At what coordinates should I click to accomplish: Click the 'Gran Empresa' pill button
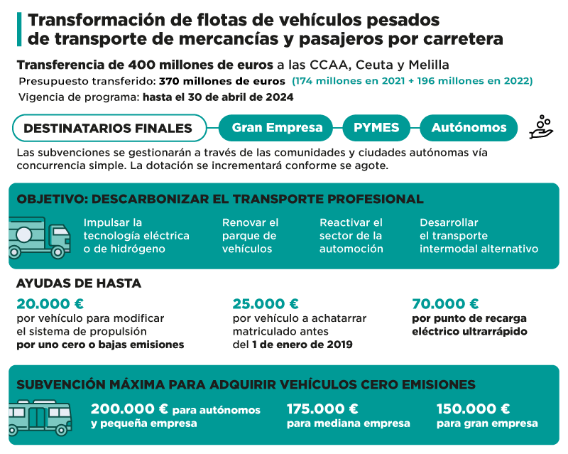(x=276, y=128)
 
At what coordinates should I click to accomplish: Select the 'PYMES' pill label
(x=376, y=128)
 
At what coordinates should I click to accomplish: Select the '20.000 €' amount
(x=49, y=304)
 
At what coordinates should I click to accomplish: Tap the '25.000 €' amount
(x=266, y=304)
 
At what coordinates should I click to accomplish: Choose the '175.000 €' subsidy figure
(x=322, y=409)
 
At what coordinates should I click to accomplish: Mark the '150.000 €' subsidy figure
(x=473, y=409)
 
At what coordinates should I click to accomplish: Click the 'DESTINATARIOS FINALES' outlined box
(x=109, y=128)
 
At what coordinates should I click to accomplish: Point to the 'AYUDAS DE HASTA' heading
(x=78, y=283)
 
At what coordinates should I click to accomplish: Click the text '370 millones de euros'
(x=222, y=81)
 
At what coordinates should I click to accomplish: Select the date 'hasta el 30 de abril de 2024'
(x=217, y=97)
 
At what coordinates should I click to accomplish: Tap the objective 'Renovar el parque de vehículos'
(x=250, y=235)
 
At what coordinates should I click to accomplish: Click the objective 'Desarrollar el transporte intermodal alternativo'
(x=478, y=235)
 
